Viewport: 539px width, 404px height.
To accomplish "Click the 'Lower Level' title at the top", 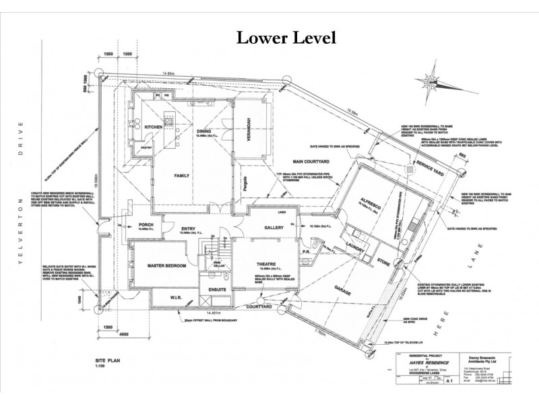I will pos(286,38).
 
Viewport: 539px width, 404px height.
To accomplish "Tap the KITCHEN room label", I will pos(154,127).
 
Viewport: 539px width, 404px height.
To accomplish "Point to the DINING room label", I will pos(205,131).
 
